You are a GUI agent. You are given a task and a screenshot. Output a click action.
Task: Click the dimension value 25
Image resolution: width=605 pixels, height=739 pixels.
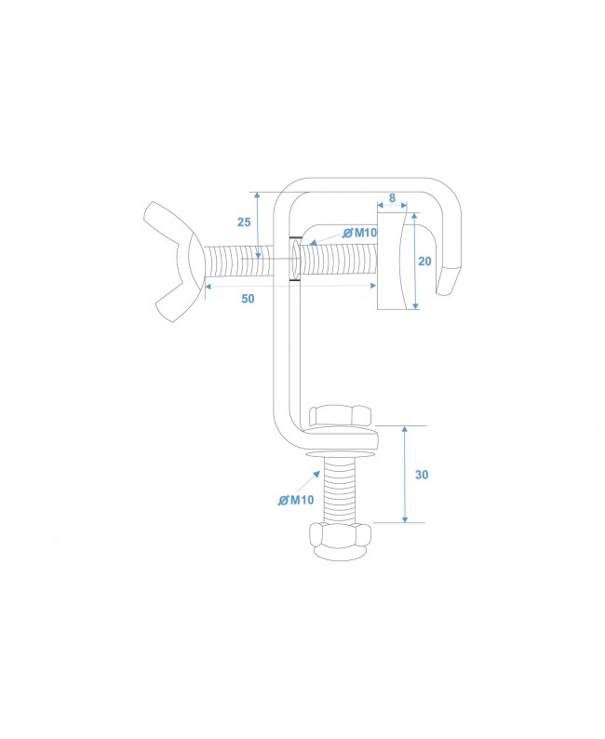(x=244, y=222)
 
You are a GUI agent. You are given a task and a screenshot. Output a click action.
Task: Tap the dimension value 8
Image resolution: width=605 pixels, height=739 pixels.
(x=393, y=198)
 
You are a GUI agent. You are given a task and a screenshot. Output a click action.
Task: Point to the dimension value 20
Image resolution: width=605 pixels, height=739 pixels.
(x=425, y=262)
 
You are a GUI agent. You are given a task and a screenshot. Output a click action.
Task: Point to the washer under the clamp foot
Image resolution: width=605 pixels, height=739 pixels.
(x=343, y=454)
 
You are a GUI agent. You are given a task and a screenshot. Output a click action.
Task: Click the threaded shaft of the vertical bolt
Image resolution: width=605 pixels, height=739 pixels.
(x=342, y=490)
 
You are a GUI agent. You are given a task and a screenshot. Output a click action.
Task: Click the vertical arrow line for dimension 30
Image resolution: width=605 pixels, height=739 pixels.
(x=406, y=474)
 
